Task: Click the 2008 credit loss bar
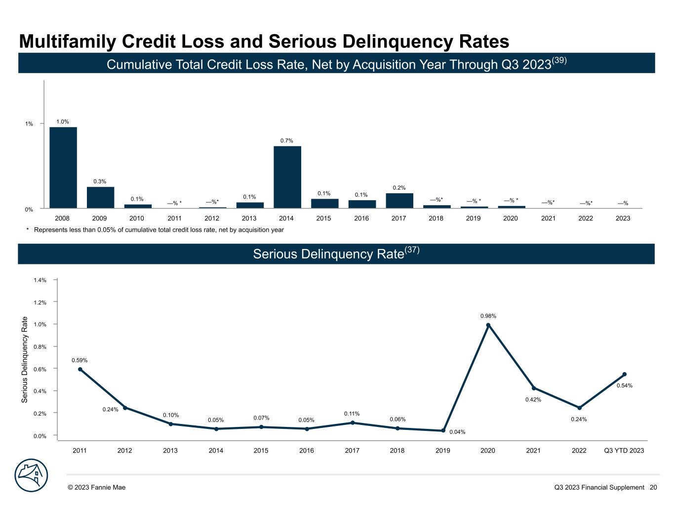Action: pyautogui.click(x=63, y=168)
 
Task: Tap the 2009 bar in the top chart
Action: pyautogui.click(x=100, y=197)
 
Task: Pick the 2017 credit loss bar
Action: pyautogui.click(x=399, y=200)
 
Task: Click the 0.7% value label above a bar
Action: pyautogui.click(x=287, y=141)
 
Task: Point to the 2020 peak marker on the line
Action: pyautogui.click(x=488, y=325)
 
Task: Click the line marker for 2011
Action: pyautogui.click(x=80, y=369)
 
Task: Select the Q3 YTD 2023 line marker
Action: pyautogui.click(x=624, y=374)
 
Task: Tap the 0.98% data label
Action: pyautogui.click(x=488, y=316)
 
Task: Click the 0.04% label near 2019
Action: pyautogui.click(x=457, y=432)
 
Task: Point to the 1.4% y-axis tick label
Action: pyautogui.click(x=40, y=280)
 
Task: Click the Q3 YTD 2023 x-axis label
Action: pyautogui.click(x=624, y=450)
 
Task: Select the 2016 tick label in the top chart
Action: pyautogui.click(x=361, y=218)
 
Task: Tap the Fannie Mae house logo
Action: pyautogui.click(x=31, y=475)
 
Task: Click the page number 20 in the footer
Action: pyautogui.click(x=653, y=487)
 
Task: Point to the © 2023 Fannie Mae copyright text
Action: pyautogui.click(x=97, y=487)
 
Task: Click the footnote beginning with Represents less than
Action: pyautogui.click(x=158, y=230)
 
